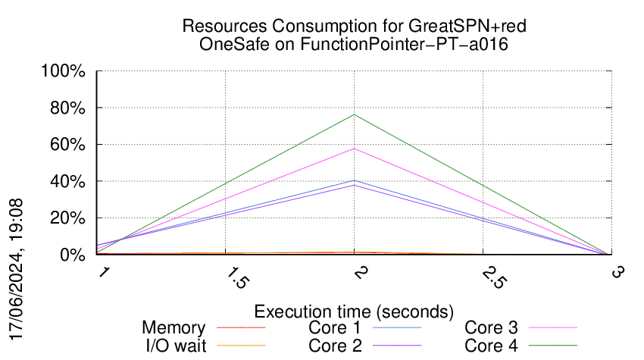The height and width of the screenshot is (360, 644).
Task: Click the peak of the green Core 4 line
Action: [x=354, y=114]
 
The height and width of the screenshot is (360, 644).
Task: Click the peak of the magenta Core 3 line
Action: [x=354, y=149]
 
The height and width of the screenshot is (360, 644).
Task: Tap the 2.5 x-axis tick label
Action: [x=493, y=278]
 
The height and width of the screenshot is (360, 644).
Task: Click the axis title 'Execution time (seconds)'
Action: [x=354, y=311]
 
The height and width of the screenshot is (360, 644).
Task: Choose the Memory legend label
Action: [x=174, y=327]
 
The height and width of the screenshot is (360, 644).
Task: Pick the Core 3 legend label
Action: [x=491, y=327]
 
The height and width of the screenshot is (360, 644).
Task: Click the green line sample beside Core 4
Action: [x=552, y=346]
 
